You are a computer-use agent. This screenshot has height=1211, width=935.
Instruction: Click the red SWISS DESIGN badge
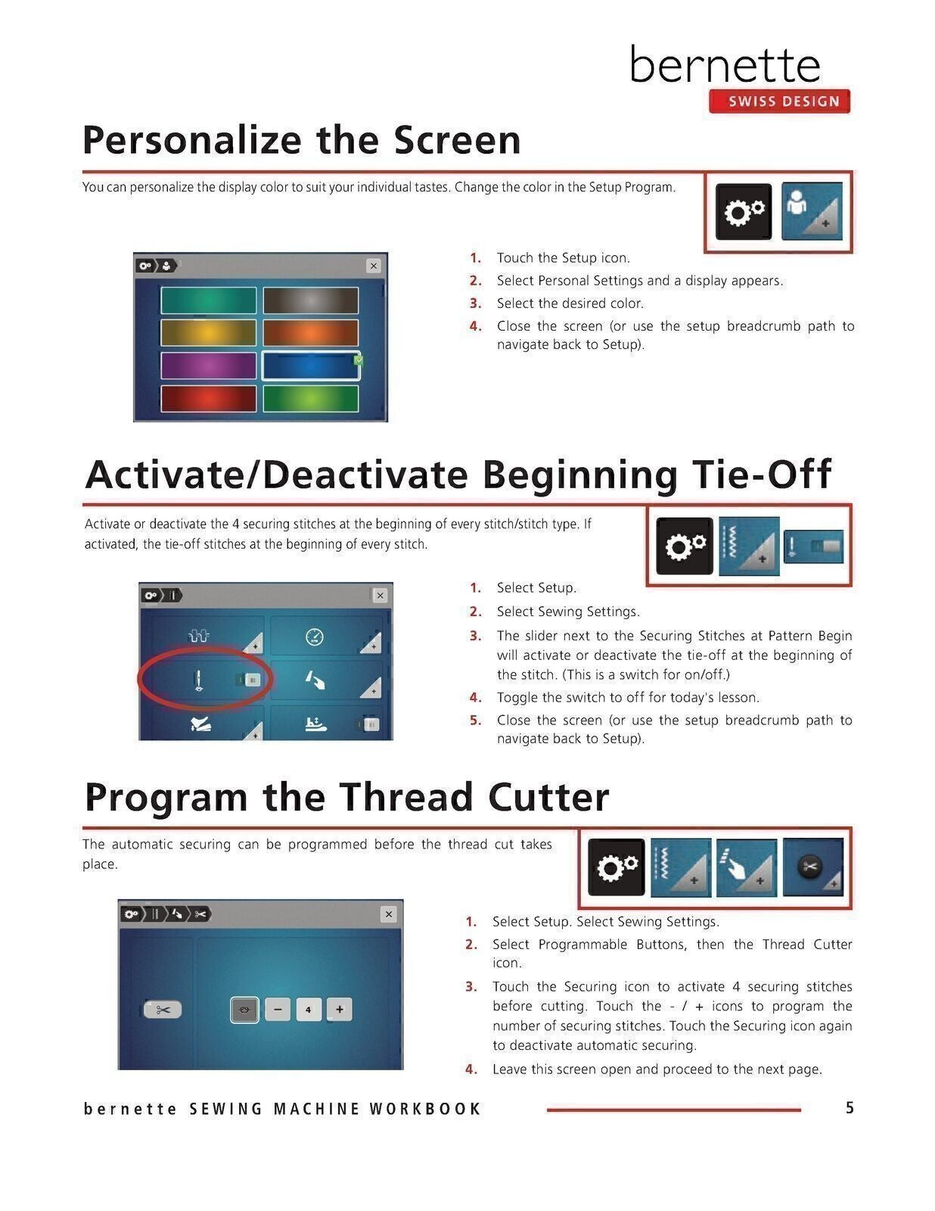[779, 101]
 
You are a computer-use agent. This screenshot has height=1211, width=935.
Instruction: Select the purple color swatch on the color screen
[208, 366]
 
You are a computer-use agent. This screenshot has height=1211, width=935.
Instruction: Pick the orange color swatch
[311, 333]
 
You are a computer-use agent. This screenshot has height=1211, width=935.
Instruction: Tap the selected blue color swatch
[311, 366]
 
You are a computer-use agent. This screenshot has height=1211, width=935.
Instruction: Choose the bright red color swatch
[208, 398]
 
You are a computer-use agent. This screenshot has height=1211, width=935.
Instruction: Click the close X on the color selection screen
[374, 266]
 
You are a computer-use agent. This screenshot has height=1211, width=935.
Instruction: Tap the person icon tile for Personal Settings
[812, 212]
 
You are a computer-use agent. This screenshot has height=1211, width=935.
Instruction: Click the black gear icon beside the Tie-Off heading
[685, 546]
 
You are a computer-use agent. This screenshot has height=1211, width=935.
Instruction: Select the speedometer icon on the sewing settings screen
[315, 637]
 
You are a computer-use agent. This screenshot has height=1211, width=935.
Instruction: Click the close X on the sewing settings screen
[380, 595]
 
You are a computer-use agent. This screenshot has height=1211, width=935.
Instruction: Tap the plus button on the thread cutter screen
[340, 1009]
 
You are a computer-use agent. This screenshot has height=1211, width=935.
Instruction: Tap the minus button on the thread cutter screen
[278, 1009]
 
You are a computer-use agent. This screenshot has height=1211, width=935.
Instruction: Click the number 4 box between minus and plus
[309, 1009]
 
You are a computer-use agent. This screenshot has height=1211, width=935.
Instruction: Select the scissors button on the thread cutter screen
[163, 1009]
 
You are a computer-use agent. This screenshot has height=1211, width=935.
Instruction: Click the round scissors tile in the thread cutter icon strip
[813, 867]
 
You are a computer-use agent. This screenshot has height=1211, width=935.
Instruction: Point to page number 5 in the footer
[850, 1108]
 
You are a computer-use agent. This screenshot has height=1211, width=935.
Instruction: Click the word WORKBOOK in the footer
[425, 1109]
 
